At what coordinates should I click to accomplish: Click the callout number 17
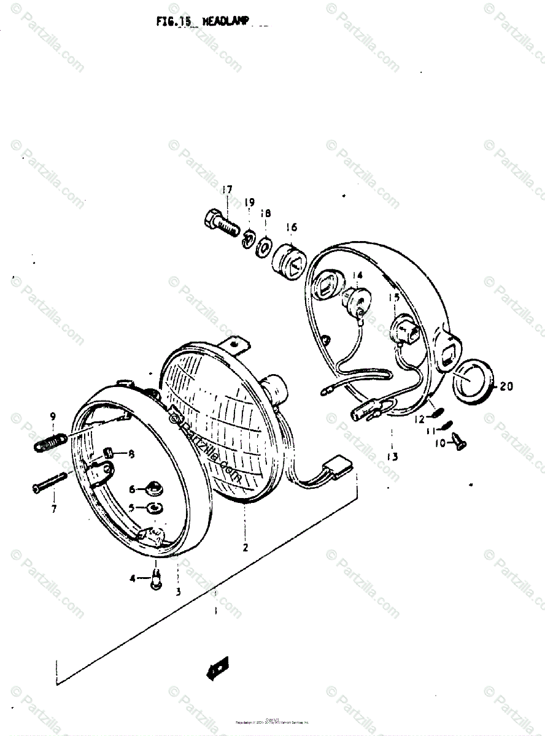227,190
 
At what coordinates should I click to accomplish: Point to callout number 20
506,386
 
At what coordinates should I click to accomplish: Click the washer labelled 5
152,508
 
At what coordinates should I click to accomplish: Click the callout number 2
245,548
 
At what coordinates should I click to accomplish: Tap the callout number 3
178,591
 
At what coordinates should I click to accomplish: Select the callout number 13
392,457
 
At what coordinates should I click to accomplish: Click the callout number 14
358,275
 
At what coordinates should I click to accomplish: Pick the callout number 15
393,297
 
